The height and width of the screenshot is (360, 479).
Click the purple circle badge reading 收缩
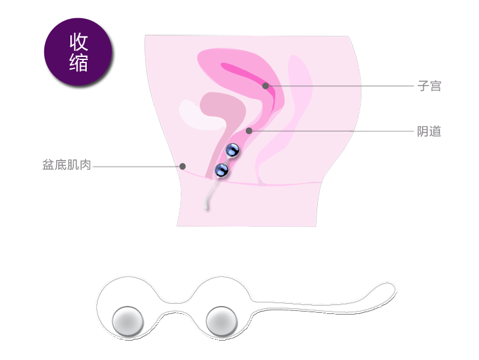78,52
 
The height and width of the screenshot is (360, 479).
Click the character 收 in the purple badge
78,42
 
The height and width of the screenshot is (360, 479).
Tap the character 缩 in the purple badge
78,62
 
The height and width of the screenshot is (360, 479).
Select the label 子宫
429,86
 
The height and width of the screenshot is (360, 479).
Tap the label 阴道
429,132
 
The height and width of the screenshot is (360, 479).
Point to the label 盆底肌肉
67,165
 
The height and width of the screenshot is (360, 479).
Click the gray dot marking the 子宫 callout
266,86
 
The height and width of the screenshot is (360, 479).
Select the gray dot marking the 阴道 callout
249,131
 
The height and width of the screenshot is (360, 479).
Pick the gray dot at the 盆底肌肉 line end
183,167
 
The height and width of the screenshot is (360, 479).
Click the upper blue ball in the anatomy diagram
232,150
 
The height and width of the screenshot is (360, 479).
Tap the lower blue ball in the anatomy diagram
221,170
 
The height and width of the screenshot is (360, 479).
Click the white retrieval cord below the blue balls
210,194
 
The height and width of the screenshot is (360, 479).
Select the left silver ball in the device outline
128,322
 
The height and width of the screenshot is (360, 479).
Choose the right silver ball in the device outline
221,322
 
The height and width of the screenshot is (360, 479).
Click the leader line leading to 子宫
341,86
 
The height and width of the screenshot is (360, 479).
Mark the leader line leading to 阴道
333,131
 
